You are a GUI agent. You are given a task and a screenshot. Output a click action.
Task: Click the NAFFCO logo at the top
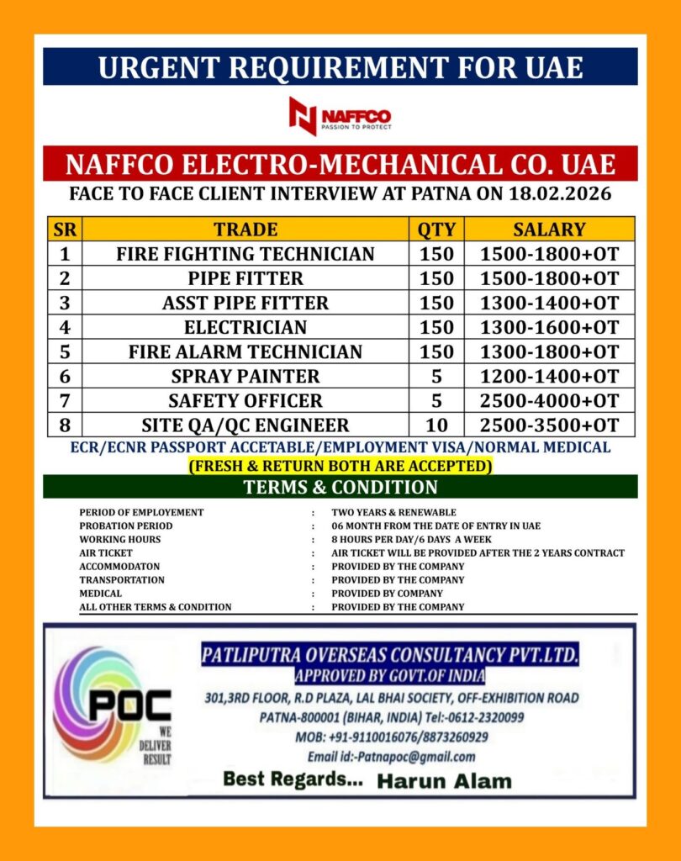point(340,116)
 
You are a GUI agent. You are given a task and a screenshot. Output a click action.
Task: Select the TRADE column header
point(245,229)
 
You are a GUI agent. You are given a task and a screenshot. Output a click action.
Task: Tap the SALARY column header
point(549,229)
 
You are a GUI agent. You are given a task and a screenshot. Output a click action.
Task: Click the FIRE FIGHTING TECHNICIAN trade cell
point(245,254)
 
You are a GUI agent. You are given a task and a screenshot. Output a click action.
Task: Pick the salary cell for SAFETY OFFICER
point(549,400)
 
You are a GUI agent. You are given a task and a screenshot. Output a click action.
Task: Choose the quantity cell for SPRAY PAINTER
point(436,376)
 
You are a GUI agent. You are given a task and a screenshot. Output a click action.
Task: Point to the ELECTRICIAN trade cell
point(245,327)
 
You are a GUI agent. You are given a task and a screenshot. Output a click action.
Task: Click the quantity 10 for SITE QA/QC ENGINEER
point(436,425)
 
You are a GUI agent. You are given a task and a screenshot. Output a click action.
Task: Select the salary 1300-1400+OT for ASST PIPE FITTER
point(549,303)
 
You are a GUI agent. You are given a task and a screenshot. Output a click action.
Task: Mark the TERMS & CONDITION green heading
point(340,487)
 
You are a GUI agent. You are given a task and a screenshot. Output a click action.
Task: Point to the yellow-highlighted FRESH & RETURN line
point(340,465)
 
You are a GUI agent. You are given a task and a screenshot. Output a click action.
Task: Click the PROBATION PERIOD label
point(126,526)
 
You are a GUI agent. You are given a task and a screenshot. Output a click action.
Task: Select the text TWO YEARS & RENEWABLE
point(393,512)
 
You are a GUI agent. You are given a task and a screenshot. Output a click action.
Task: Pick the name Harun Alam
point(443,781)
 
